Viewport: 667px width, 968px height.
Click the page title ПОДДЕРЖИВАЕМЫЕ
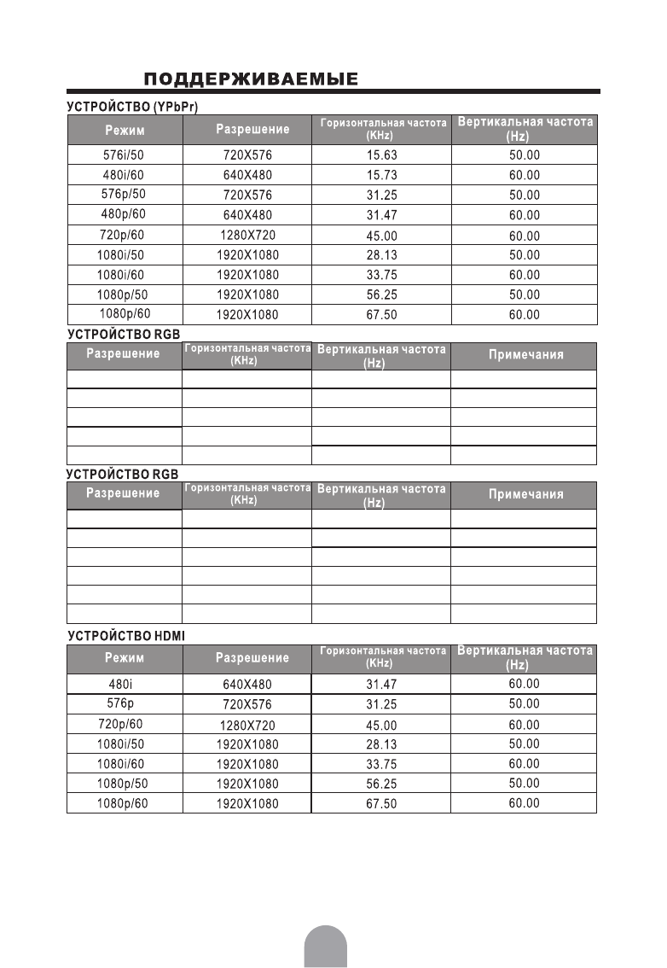click(251, 80)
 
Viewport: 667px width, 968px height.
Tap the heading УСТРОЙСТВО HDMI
click(126, 636)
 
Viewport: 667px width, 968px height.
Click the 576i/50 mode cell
click(125, 155)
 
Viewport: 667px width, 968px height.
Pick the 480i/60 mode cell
click(125, 175)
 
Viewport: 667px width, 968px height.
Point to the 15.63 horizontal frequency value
click(381, 155)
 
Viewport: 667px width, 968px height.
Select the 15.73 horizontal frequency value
click(381, 175)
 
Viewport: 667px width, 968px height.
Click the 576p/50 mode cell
click(125, 194)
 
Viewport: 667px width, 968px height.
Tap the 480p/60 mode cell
click(125, 214)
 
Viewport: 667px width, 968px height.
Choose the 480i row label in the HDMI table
click(125, 684)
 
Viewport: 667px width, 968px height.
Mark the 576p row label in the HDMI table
click(125, 703)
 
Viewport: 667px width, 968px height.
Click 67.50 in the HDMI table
click(381, 804)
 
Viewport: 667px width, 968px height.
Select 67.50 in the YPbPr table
click(381, 315)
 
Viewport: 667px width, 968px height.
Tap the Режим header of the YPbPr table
click(125, 131)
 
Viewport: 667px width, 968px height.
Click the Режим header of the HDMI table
click(125, 658)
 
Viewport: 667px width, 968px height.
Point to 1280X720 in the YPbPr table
click(247, 235)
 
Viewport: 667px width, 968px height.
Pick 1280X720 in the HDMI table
click(247, 725)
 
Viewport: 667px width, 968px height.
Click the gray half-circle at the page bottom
click(325, 948)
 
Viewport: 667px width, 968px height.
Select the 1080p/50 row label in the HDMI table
click(125, 784)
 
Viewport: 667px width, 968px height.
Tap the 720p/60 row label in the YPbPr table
click(125, 235)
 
